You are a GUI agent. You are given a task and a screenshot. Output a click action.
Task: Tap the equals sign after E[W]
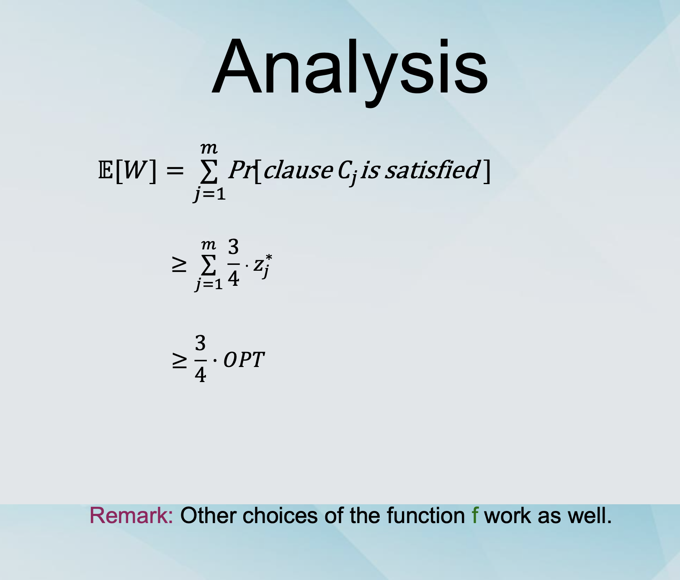[x=175, y=171]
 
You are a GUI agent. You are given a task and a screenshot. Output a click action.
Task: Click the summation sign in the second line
[x=209, y=264]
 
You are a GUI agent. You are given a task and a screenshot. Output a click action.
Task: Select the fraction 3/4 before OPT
[x=201, y=359]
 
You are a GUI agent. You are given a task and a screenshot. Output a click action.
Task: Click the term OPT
[x=244, y=360]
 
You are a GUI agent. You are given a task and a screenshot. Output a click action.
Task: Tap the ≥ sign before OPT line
[x=179, y=360]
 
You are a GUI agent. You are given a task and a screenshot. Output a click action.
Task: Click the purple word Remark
[x=131, y=516]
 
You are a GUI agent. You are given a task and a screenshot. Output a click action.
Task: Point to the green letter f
[x=475, y=515]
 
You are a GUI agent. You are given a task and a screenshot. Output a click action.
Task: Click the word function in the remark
[x=426, y=516]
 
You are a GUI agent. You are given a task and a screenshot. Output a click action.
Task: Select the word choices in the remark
[x=280, y=516]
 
